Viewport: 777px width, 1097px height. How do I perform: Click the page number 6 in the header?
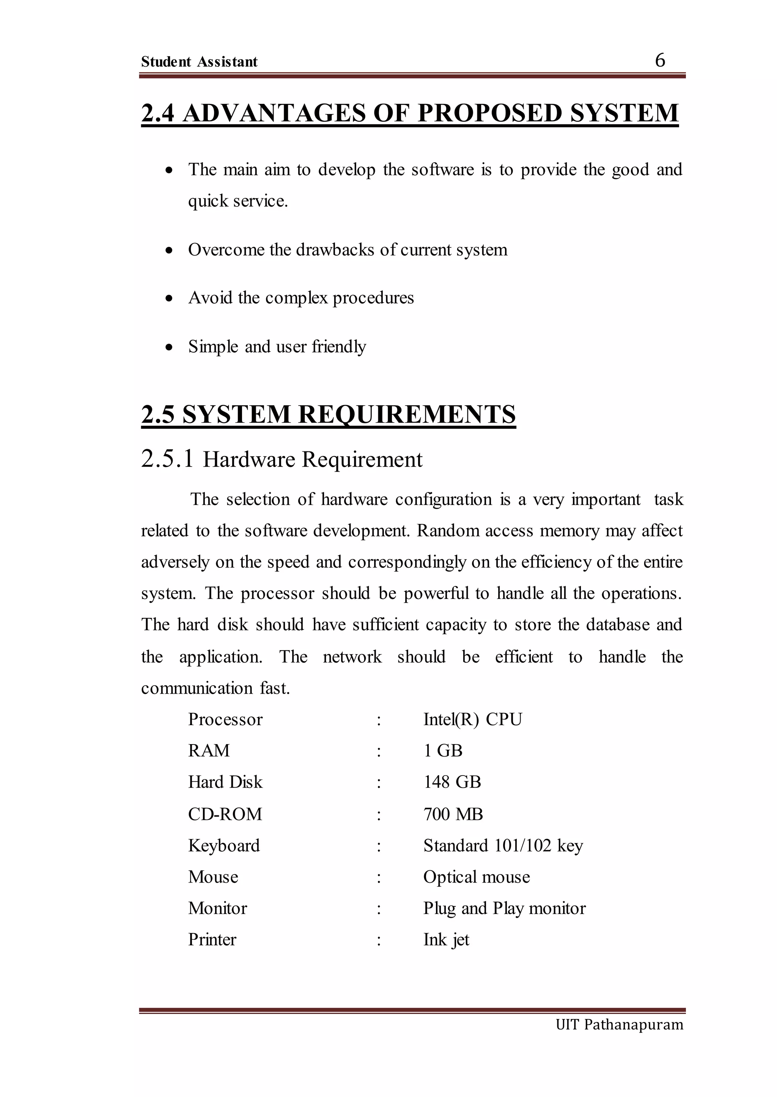point(660,60)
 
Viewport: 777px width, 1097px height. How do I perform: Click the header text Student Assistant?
point(199,62)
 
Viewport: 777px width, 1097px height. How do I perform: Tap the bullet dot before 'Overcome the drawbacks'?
point(168,251)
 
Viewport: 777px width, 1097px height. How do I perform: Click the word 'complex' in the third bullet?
point(296,298)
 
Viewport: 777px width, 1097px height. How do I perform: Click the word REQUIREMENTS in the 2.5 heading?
point(407,414)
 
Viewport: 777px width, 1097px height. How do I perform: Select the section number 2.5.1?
point(167,459)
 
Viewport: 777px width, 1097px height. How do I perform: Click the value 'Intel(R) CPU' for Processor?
point(472,719)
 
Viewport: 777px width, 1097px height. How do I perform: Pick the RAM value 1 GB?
point(443,751)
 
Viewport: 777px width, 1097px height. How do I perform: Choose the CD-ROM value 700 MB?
point(453,814)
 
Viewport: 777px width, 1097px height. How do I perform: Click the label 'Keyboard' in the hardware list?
point(223,846)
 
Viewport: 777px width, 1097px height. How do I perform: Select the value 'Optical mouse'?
point(477,877)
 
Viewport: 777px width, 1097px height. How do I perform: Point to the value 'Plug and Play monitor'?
point(504,908)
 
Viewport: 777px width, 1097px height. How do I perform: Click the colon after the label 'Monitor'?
point(379,909)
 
